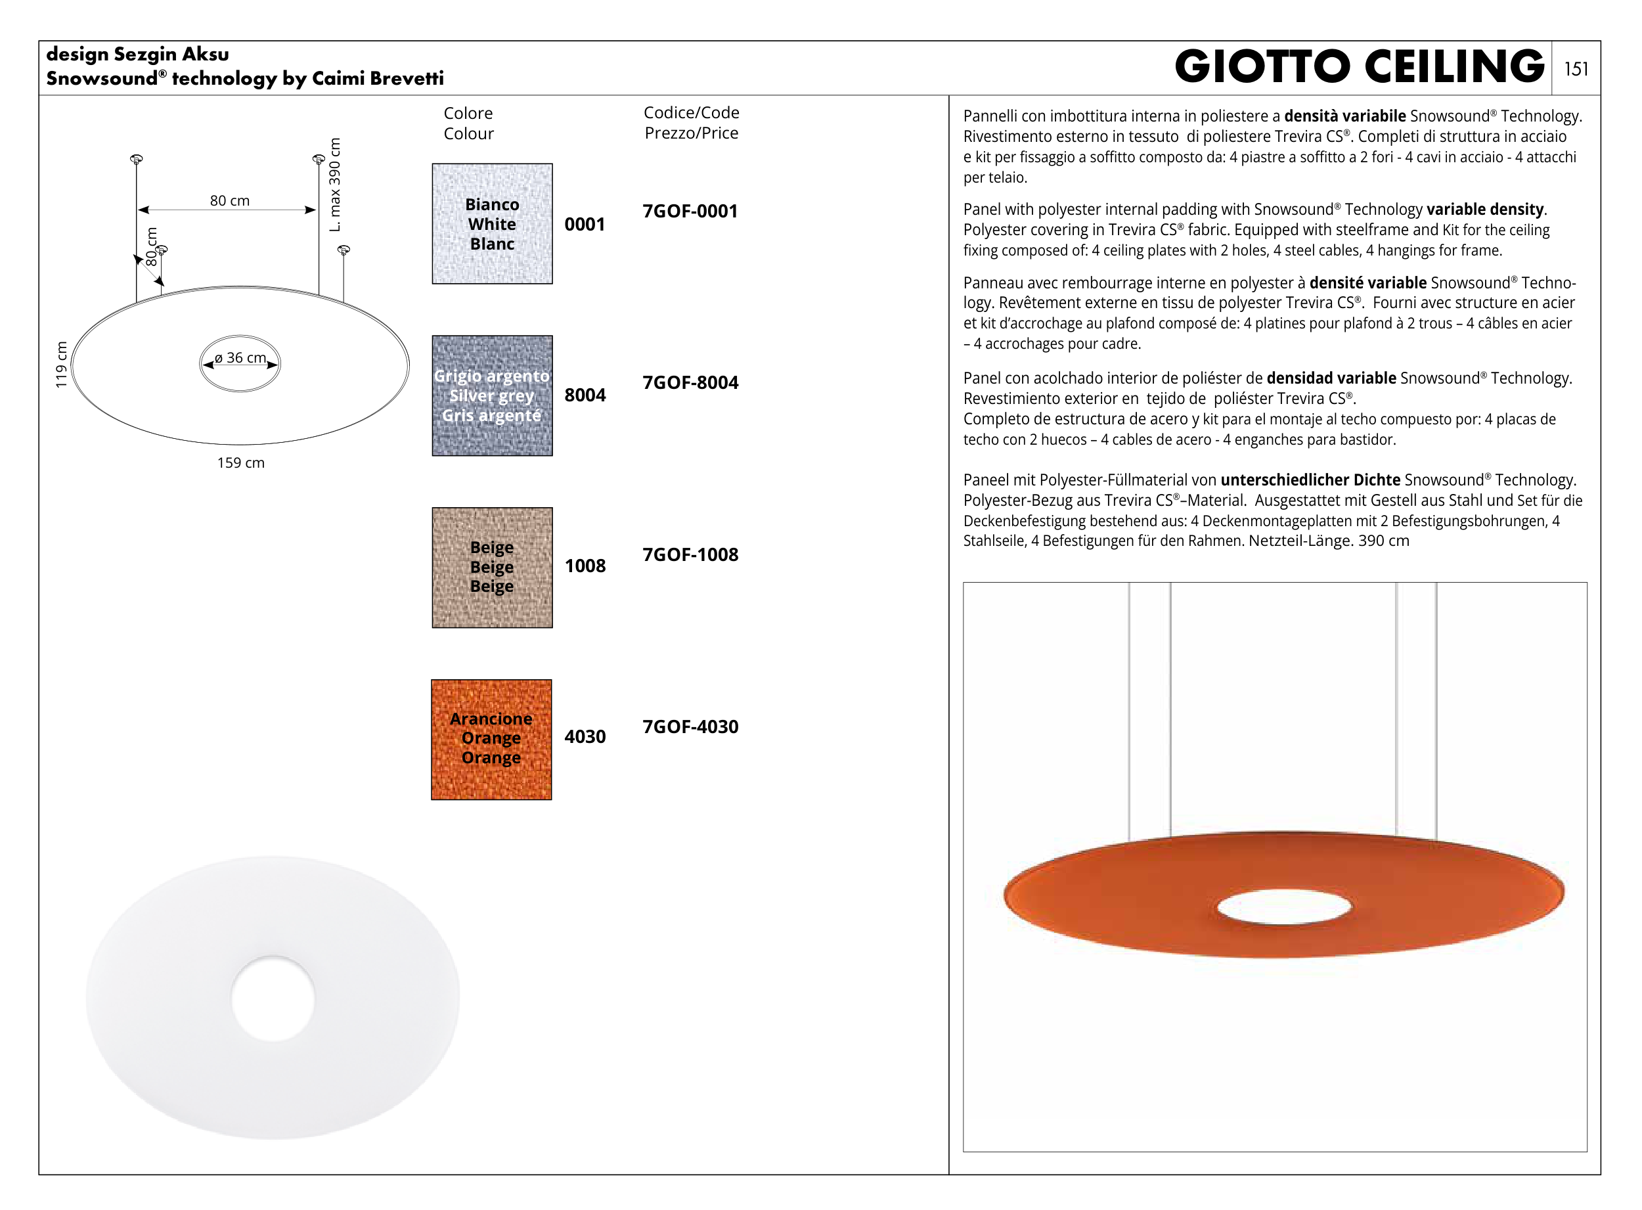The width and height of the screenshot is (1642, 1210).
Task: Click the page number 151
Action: (x=1576, y=69)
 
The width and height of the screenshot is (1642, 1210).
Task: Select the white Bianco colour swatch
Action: (x=492, y=223)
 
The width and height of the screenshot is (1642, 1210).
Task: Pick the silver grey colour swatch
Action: (x=492, y=395)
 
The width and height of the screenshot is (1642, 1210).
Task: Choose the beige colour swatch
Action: (x=492, y=567)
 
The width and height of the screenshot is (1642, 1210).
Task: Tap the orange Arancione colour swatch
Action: (x=491, y=739)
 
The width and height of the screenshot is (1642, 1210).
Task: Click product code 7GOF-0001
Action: (x=690, y=211)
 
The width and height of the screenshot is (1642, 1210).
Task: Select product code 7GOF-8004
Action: (x=690, y=382)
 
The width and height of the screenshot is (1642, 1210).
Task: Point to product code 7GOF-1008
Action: (x=690, y=554)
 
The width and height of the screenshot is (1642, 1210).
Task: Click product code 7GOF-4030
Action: (x=690, y=727)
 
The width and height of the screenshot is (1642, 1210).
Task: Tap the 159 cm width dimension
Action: (x=241, y=463)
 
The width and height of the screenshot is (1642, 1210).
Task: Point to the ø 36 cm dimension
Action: (x=240, y=357)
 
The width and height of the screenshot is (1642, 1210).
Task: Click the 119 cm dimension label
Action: (x=62, y=364)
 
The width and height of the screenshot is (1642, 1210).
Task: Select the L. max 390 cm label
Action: (x=335, y=185)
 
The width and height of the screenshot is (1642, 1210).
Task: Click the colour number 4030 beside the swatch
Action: (x=585, y=736)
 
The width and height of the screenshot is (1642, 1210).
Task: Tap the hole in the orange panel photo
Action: (x=1284, y=907)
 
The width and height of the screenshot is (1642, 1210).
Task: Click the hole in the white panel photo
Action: (x=273, y=998)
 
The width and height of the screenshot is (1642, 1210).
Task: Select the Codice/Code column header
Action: (x=691, y=113)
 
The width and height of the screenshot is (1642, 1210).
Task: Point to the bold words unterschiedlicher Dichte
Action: (x=1310, y=480)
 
